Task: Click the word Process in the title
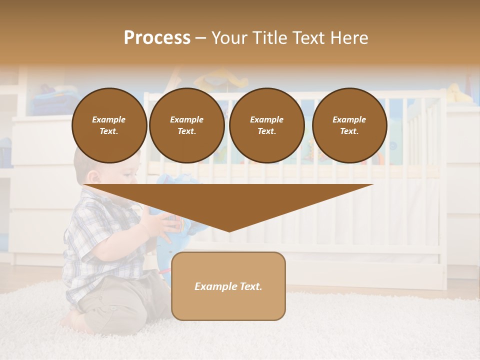(157, 38)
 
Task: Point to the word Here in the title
(348, 38)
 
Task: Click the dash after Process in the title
(200, 38)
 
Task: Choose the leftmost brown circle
(109, 125)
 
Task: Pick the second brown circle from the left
(186, 125)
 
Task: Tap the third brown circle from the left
(266, 125)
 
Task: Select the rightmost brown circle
(349, 125)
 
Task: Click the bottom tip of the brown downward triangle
(229, 230)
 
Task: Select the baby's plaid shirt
(100, 240)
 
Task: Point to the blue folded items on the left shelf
(47, 100)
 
